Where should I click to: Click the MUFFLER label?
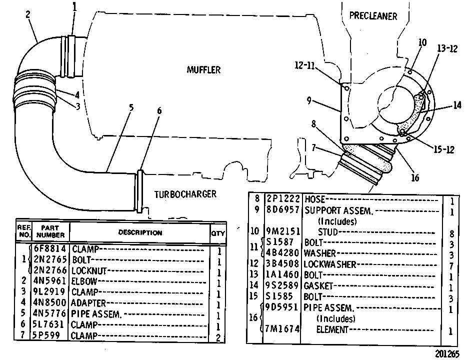(203, 70)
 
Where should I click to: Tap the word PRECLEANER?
(373, 16)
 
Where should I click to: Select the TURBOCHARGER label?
(185, 194)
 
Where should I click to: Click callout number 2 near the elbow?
(28, 14)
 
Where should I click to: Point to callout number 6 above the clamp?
(159, 110)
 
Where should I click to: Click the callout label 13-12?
(447, 48)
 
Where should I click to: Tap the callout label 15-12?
(444, 149)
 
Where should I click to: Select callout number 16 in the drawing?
(415, 178)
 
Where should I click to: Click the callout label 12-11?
(304, 65)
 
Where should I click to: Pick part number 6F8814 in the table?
(49, 248)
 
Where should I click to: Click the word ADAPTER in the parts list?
(88, 303)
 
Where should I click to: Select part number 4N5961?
(49, 281)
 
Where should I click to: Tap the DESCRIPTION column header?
(140, 232)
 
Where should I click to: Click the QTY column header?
(218, 233)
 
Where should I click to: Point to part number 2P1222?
(282, 199)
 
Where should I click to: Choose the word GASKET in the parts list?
(318, 286)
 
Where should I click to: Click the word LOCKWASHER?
(330, 264)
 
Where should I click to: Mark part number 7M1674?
(282, 329)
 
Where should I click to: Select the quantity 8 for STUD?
(451, 233)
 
